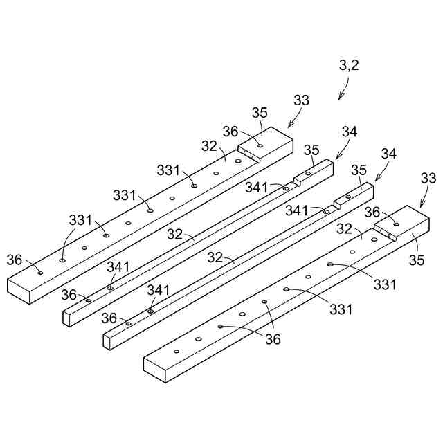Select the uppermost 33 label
pos(302,100)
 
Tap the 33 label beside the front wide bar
pos(429,179)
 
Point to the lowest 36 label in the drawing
pos(274,339)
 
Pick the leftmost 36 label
pos(15,260)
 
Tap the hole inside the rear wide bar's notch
pos(260,145)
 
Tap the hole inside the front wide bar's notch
pos(396,224)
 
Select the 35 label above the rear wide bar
pos(259,113)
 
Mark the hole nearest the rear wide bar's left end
pos(40,273)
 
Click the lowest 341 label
pos(158,289)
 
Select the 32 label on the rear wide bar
pos(210,147)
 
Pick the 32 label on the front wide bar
pos(345,229)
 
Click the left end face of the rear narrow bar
pos(67,318)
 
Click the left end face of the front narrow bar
pos(107,340)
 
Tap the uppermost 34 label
pos(350,132)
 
